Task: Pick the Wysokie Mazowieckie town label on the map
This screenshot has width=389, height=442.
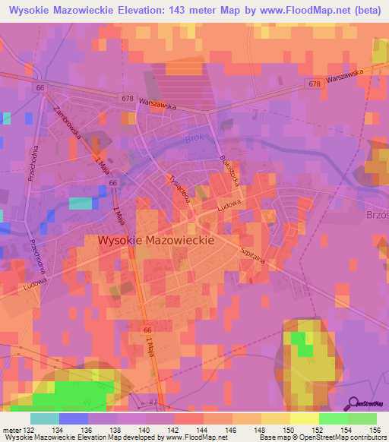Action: point(157,239)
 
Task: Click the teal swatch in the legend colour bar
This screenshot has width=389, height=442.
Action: point(45,419)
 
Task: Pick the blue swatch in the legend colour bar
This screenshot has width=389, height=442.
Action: point(74,419)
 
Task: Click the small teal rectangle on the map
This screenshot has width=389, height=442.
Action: point(80,203)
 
